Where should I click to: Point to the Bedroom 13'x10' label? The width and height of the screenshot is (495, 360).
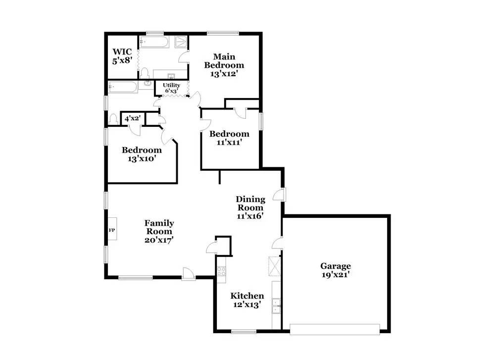click(x=142, y=154)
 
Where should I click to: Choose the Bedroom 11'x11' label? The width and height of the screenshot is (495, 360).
click(x=229, y=138)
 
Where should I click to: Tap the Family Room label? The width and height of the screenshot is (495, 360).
click(x=159, y=231)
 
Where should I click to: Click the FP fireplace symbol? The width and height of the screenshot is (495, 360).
click(x=111, y=231)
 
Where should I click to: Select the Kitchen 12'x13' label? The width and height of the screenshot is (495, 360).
click(x=247, y=300)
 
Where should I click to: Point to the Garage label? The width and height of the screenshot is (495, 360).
click(x=335, y=270)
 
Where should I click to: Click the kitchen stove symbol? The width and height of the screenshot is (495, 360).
click(x=221, y=271)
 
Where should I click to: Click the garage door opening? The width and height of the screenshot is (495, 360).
click(x=335, y=328)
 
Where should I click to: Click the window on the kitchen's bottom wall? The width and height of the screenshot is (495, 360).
click(x=242, y=331)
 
